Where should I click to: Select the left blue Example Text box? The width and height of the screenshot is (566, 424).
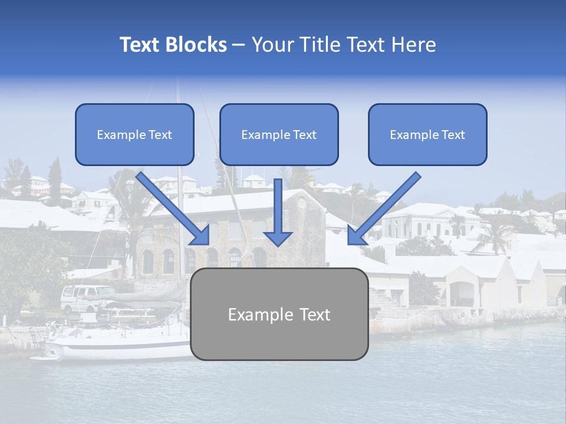[134, 135]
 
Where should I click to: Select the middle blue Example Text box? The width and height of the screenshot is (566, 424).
[279, 135]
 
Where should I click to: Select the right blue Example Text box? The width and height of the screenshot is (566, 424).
[427, 135]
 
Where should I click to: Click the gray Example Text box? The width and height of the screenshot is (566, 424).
[279, 314]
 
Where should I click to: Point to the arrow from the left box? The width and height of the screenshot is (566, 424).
[174, 209]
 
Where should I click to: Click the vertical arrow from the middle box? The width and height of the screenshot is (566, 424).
[278, 212]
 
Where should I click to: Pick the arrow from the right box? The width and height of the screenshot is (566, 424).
[383, 209]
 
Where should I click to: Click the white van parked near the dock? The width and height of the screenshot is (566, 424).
[88, 297]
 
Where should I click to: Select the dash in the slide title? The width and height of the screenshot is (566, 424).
[239, 45]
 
